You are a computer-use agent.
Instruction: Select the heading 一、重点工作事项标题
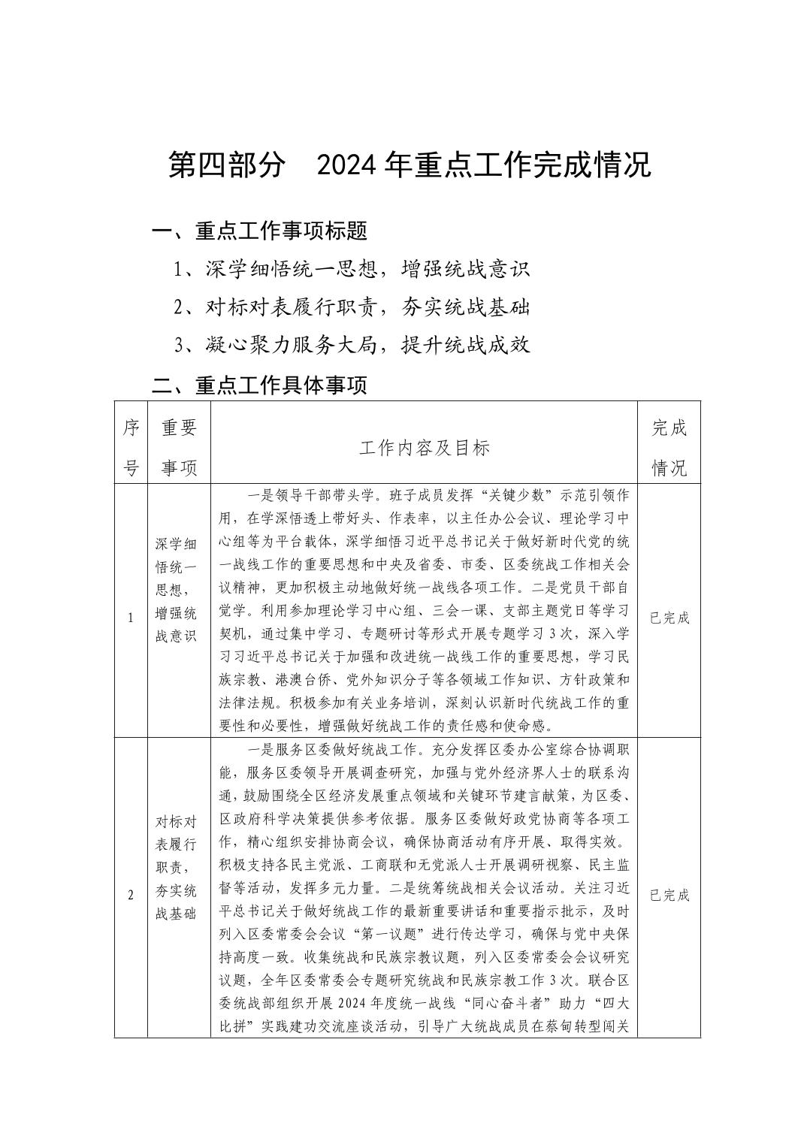[260, 231]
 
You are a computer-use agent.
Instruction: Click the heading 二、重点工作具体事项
[260, 385]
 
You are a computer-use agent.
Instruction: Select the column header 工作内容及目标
[425, 448]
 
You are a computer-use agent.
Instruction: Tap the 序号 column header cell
[131, 448]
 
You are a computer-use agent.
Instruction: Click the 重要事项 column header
[180, 448]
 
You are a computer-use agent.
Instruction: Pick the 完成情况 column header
[669, 448]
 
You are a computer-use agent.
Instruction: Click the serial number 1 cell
[131, 618]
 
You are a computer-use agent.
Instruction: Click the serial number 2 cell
[131, 895]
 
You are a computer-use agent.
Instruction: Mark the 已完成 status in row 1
[669, 618]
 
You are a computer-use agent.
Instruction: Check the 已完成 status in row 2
[669, 895]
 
